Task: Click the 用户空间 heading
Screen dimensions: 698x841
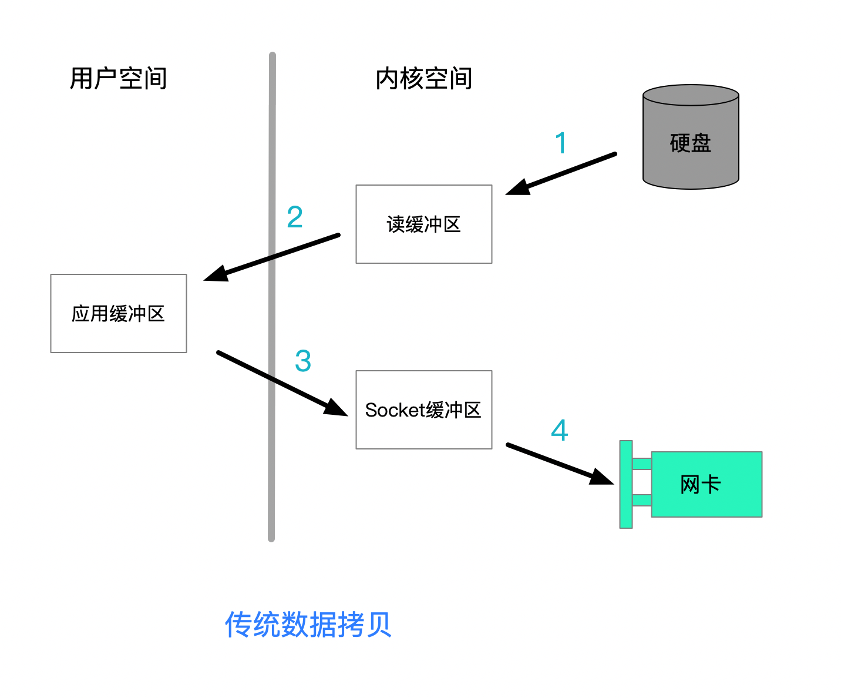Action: pyautogui.click(x=118, y=79)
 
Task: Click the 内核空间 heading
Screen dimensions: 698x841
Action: pyautogui.click(x=423, y=79)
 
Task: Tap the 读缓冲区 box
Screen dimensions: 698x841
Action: pyautogui.click(x=423, y=224)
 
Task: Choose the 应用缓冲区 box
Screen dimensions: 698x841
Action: pyautogui.click(x=118, y=313)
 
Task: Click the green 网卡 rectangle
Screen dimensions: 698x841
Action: pyautogui.click(x=707, y=484)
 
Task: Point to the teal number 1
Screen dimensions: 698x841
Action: pyautogui.click(x=561, y=143)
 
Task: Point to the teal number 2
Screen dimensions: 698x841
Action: pyautogui.click(x=295, y=217)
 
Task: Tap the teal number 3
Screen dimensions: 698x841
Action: pyautogui.click(x=303, y=361)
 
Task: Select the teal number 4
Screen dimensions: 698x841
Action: pyautogui.click(x=560, y=430)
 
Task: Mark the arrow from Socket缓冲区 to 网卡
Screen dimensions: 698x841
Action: pyautogui.click(x=558, y=464)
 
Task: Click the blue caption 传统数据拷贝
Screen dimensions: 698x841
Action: pyautogui.click(x=308, y=624)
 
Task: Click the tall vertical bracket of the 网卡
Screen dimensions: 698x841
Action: pyautogui.click(x=626, y=484)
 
